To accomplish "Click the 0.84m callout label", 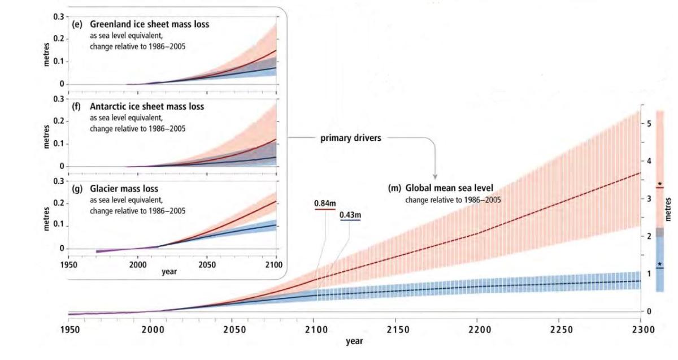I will tap(325, 203).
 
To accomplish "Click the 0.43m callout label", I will tap(350, 215).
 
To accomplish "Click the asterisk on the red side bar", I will tap(660, 184).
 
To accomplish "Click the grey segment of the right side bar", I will tap(660, 232).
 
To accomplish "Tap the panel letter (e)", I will tap(75, 25).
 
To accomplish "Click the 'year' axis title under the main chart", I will tap(354, 341).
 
